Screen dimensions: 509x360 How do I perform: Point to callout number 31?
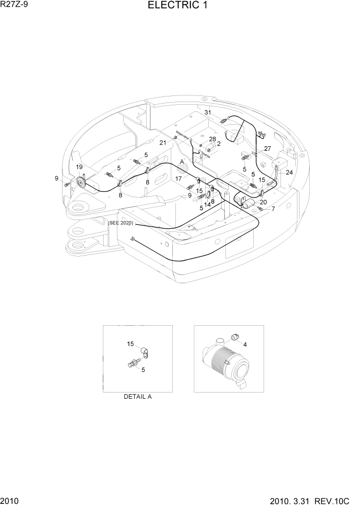click(x=208, y=112)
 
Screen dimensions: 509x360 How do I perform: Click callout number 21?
click(x=163, y=142)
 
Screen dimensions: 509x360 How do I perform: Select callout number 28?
click(x=212, y=139)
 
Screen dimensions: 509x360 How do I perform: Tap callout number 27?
click(x=267, y=148)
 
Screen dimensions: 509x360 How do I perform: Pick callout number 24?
click(x=289, y=172)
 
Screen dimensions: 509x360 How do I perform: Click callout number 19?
click(x=79, y=167)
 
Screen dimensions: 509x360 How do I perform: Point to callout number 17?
click(x=178, y=179)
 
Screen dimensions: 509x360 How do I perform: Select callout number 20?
click(x=263, y=202)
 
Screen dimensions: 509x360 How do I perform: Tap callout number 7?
click(x=273, y=209)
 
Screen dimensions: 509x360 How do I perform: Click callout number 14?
click(x=207, y=204)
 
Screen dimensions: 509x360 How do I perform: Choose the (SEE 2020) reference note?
click(x=121, y=223)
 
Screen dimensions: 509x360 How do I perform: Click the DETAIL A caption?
click(x=137, y=397)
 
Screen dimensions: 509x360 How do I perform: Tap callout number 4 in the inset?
click(x=245, y=344)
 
